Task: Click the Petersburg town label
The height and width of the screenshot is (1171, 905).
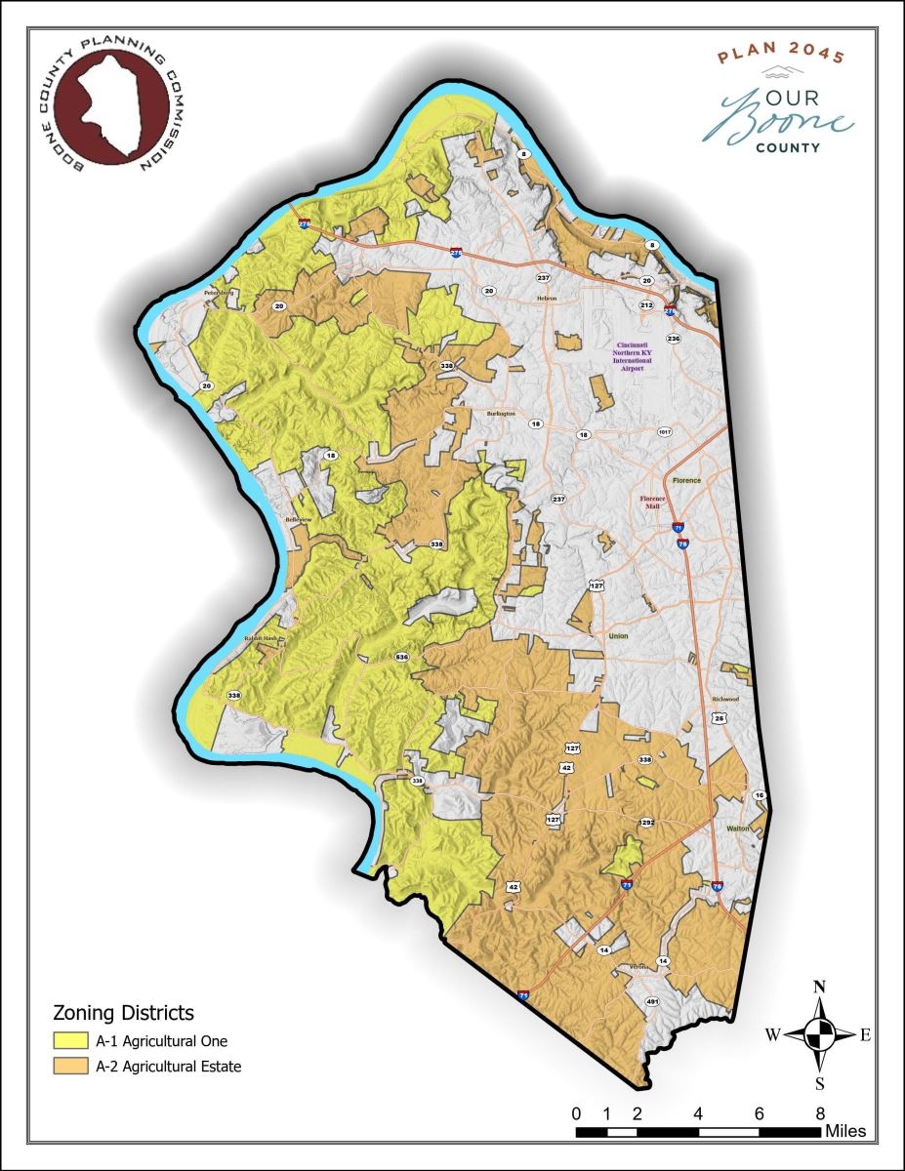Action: point(220,292)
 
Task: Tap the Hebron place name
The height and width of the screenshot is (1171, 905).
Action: point(546,299)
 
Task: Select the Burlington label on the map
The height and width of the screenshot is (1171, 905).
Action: point(500,414)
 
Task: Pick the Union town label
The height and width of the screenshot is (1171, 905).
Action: point(619,635)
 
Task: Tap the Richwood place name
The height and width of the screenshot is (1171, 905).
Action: point(725,700)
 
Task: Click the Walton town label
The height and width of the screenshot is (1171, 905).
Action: point(737,828)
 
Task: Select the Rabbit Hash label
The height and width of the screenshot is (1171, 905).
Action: point(261,639)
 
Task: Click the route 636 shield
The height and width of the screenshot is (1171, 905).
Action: point(401,658)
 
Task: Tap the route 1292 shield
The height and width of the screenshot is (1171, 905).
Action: point(645,823)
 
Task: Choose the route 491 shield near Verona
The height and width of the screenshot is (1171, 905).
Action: point(653,1002)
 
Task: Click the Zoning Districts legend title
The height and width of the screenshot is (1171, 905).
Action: point(123,1012)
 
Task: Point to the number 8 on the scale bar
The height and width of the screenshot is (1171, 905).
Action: point(820,1113)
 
